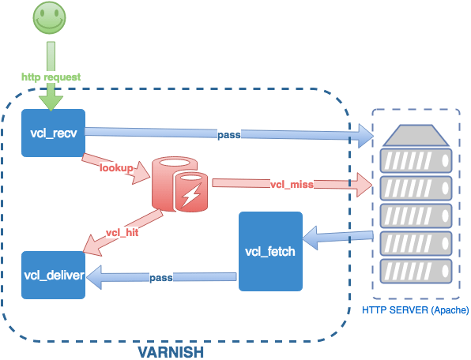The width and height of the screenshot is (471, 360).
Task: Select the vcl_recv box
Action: pyautogui.click(x=53, y=132)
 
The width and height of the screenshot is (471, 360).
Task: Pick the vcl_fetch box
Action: pyautogui.click(x=271, y=252)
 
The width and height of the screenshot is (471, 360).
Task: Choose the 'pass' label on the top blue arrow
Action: pyautogui.click(x=229, y=135)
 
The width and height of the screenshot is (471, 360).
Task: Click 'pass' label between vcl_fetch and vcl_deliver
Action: pyautogui.click(x=161, y=277)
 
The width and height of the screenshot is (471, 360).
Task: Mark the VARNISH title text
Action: pyautogui.click(x=171, y=350)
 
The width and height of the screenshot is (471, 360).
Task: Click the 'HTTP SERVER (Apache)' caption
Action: pyautogui.click(x=414, y=310)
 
